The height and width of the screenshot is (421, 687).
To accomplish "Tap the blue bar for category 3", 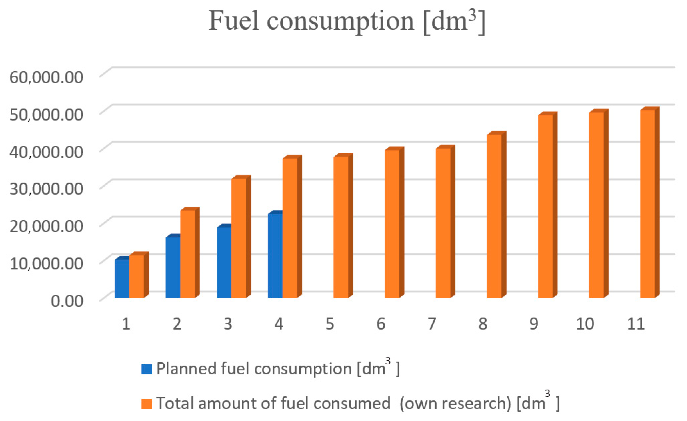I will [224, 262].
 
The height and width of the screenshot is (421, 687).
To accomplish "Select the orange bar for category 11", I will [647, 204].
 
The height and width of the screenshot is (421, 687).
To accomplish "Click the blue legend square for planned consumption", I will [147, 369].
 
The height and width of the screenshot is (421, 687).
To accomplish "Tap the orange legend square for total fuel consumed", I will [147, 404].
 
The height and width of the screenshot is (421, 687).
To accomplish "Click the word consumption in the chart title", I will [340, 22].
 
